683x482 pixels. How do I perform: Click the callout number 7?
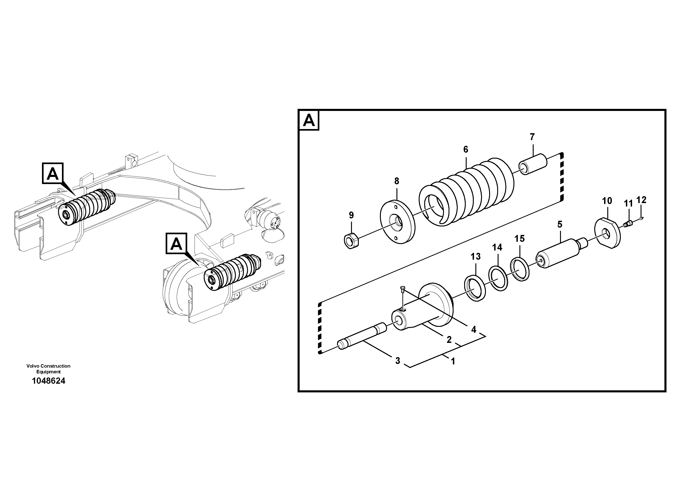[x=532, y=137]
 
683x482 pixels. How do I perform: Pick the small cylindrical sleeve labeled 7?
[x=533, y=164]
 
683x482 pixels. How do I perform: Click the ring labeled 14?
[x=498, y=278]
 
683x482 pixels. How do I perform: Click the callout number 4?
[x=474, y=329]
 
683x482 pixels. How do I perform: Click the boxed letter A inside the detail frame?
[x=309, y=121]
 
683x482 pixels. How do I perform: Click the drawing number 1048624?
[x=48, y=381]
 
